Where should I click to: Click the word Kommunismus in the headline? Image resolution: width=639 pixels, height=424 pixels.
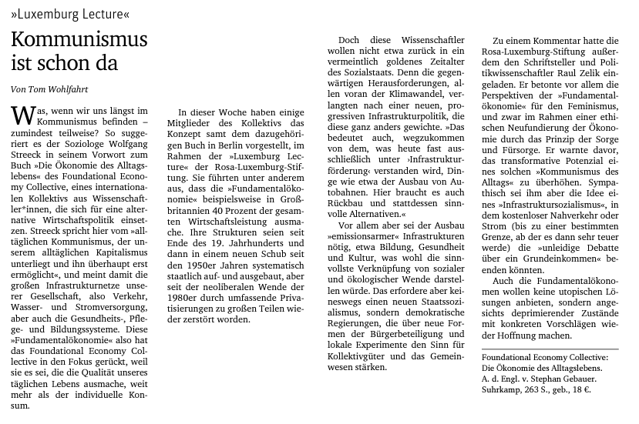tap(79, 40)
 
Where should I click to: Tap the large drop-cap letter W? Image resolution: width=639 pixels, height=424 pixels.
tap(23, 117)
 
